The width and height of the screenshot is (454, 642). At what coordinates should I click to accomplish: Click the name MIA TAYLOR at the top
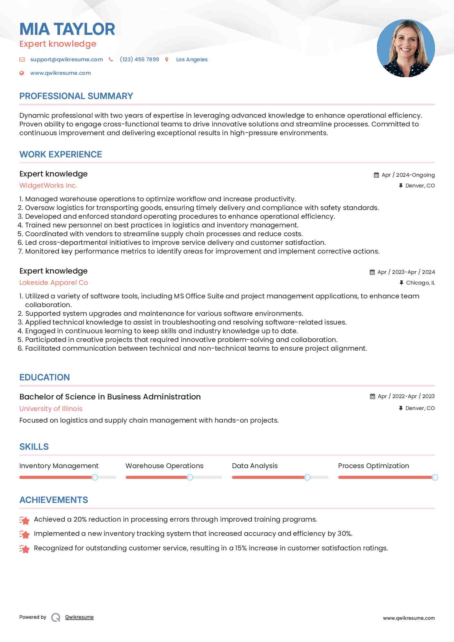(67, 29)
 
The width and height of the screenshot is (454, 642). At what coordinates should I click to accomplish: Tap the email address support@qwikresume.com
(66, 59)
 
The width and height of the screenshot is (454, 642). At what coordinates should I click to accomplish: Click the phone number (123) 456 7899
(139, 59)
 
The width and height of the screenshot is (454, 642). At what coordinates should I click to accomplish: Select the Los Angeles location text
(192, 59)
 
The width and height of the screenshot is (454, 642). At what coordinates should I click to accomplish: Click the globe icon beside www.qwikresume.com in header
(22, 73)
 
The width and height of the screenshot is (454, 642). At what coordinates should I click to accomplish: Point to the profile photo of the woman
(406, 48)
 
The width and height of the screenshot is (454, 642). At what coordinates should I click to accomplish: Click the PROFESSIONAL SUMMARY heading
(76, 96)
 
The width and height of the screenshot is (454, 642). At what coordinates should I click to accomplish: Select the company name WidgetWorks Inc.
(48, 186)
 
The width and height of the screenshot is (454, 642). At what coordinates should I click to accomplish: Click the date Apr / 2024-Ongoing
(408, 175)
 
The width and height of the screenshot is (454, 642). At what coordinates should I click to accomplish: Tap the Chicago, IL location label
(420, 283)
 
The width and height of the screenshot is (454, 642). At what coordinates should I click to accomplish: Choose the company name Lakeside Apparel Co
(54, 283)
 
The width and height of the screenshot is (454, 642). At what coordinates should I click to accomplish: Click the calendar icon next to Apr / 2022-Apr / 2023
(372, 396)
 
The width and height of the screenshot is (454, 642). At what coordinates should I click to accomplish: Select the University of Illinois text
(51, 408)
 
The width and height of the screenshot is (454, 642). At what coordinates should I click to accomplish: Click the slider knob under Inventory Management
(95, 477)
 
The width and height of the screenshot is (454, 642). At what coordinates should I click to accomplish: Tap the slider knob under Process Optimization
(435, 477)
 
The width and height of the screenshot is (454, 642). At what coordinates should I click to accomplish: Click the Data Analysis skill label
(255, 466)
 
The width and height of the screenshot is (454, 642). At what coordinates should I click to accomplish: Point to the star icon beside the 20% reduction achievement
(25, 520)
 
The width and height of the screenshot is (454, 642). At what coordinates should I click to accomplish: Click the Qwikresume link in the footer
(79, 617)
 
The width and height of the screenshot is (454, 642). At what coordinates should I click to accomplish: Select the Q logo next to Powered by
(55, 617)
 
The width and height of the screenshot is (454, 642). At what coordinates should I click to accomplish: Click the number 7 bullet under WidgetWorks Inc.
(21, 251)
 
